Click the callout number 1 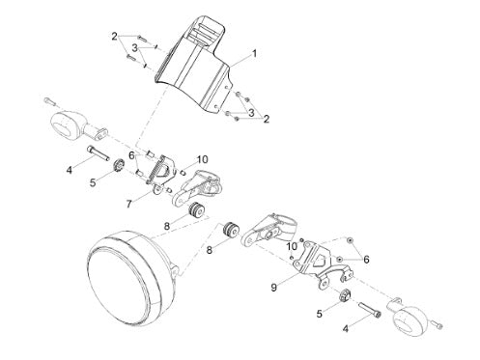point(254,53)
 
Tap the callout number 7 point(129,204)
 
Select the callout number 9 point(273,288)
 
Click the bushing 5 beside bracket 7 point(120,165)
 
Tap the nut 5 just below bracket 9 point(345,295)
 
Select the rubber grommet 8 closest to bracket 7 point(196,210)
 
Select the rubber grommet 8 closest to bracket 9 point(231,230)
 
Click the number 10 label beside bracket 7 point(202,159)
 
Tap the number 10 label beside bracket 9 point(293,246)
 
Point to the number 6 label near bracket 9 point(366,260)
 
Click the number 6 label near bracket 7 point(131,155)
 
